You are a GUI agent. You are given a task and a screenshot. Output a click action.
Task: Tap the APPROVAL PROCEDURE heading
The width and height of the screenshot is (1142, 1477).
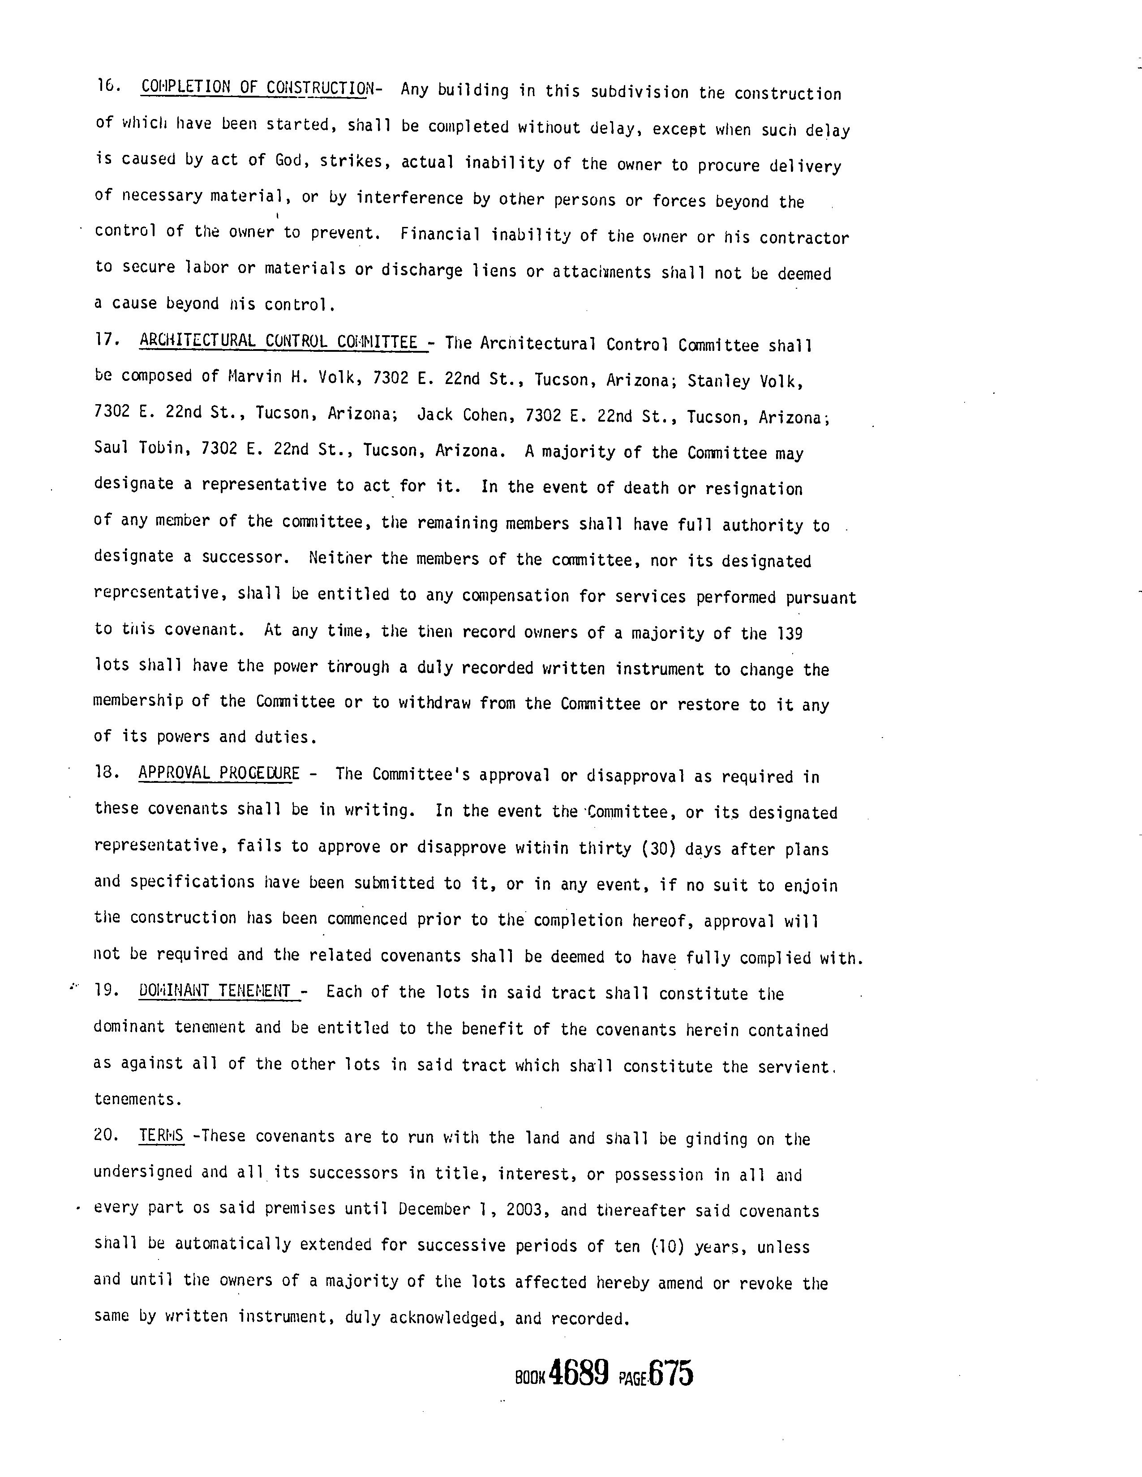coord(219,773)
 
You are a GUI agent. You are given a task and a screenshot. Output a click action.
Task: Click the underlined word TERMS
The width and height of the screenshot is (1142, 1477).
coord(161,1135)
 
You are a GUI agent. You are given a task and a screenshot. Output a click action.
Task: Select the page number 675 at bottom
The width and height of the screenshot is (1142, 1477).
coord(670,1374)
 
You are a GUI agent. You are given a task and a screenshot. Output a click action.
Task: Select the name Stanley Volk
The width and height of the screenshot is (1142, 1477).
coord(745,381)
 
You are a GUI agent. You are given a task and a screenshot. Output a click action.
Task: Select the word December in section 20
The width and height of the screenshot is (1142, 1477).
coord(434,1208)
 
